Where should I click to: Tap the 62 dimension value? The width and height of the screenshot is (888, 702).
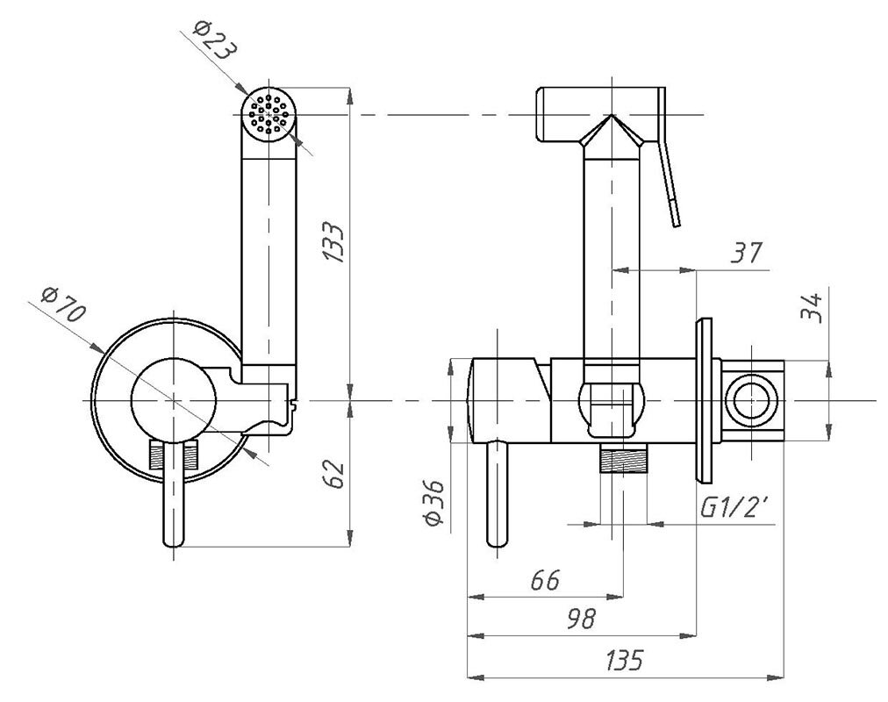pyautogui.click(x=333, y=475)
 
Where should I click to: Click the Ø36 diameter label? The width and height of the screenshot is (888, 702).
pyautogui.click(x=433, y=504)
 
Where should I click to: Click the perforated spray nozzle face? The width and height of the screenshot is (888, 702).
pyautogui.click(x=269, y=114)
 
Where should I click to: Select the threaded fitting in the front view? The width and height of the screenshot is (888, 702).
pyautogui.click(x=175, y=455)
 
